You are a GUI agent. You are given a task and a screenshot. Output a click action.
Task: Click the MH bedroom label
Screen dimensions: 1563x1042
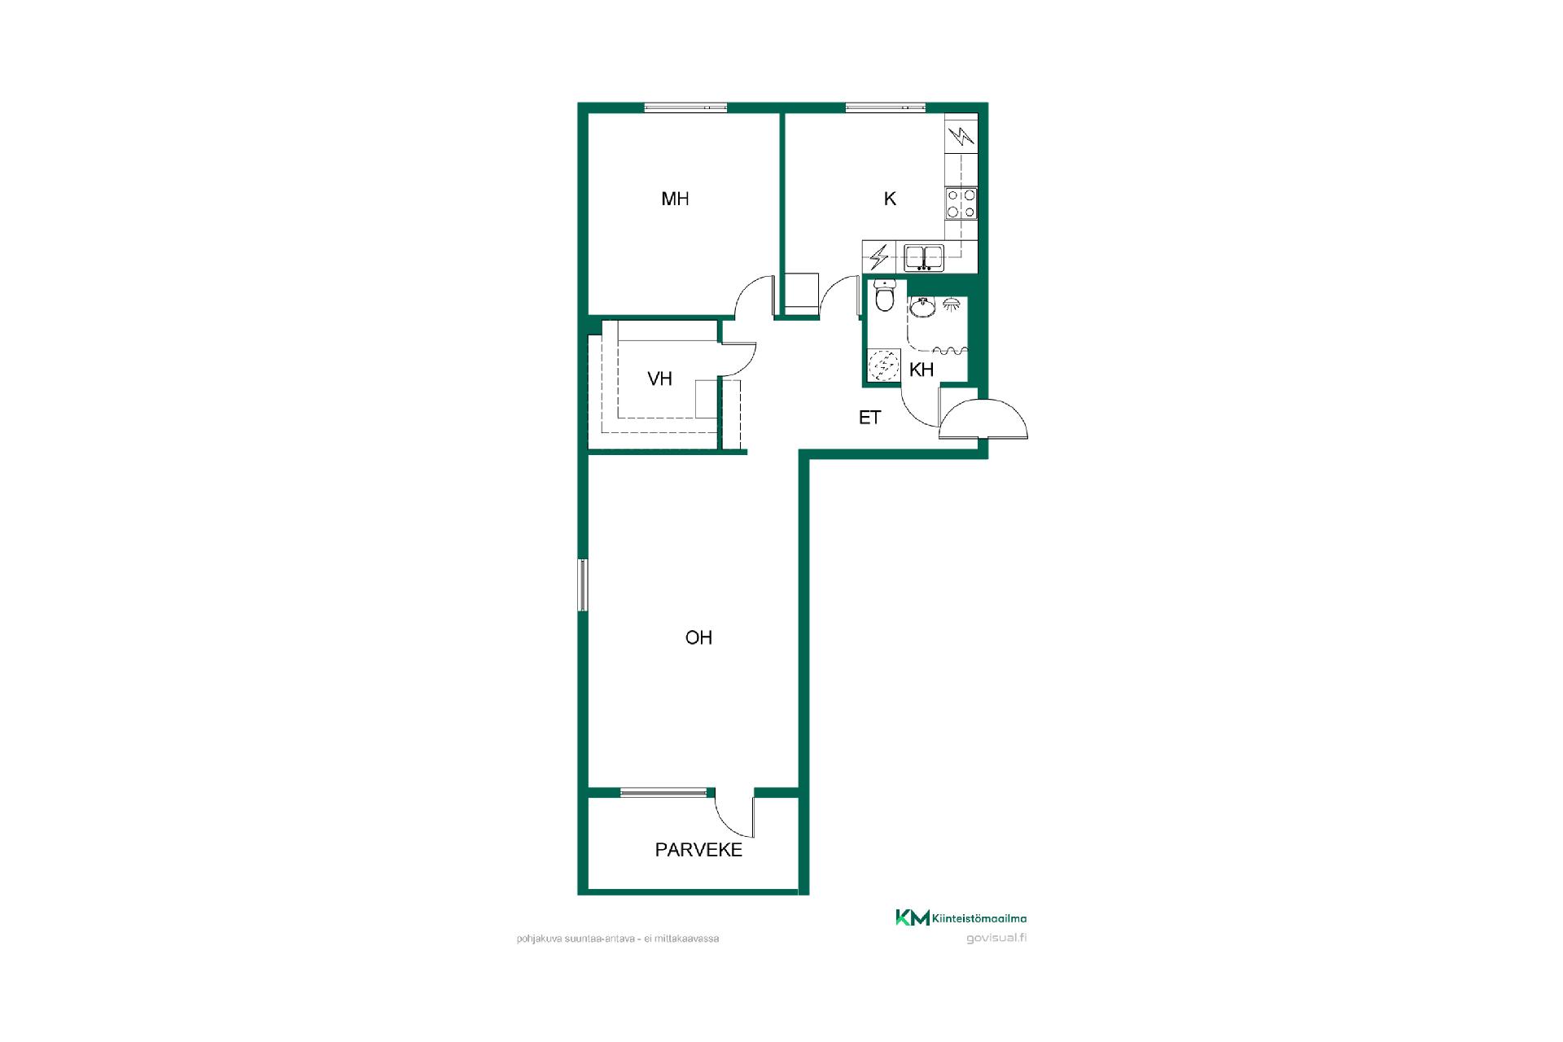coord(675,199)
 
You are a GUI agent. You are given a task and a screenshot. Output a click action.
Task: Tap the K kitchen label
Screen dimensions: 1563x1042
coord(890,199)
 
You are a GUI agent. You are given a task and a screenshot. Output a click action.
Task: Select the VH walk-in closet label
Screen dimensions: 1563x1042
coord(659,379)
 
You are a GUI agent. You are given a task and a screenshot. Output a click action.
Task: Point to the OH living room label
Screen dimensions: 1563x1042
coord(698,637)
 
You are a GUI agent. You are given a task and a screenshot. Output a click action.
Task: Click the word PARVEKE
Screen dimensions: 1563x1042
coord(698,850)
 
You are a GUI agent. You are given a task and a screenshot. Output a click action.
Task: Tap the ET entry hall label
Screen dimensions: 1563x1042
coord(869,418)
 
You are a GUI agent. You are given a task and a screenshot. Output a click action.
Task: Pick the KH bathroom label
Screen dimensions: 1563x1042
coord(921,370)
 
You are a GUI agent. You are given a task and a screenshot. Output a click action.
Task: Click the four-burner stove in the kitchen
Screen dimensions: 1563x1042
coord(961,204)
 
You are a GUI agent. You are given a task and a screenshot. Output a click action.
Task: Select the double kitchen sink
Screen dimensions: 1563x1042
coord(924,257)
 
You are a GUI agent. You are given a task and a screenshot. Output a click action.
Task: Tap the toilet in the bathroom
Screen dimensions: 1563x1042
coord(883,296)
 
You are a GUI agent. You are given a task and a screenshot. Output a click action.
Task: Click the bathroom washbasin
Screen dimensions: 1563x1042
coord(922,307)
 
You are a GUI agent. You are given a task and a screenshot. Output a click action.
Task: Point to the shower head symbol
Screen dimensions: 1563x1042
coord(951,305)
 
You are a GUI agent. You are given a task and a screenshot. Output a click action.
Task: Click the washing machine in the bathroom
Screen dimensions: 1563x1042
coord(884,365)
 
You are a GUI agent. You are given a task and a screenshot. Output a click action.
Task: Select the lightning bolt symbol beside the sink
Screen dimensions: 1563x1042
coord(878,257)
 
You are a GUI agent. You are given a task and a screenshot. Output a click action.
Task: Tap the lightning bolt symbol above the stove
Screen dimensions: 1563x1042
coord(962,136)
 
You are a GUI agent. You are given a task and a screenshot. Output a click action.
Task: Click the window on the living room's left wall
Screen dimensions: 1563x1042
coord(583,584)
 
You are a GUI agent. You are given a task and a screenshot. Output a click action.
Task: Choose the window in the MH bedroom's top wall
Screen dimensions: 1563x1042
coord(685,107)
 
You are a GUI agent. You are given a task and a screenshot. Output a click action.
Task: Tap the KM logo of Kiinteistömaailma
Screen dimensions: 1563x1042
coord(913,917)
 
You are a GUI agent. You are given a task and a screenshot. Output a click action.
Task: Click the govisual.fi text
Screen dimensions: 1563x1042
coord(996,938)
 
